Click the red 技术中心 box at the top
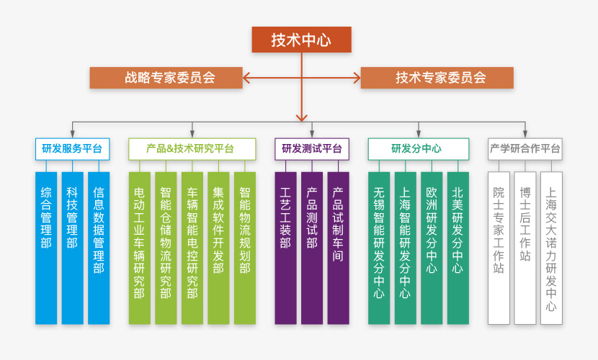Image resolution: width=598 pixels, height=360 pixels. (x=301, y=40)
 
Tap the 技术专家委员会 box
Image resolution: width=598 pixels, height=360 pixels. (x=437, y=78)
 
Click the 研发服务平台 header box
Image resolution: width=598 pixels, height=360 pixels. (x=72, y=149)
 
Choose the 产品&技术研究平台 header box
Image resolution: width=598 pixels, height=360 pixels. (x=192, y=149)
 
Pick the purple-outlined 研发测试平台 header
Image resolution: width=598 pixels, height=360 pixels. (x=311, y=149)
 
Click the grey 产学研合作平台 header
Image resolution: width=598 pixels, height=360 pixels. (x=525, y=149)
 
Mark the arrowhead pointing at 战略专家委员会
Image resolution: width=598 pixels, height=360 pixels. (x=247, y=78)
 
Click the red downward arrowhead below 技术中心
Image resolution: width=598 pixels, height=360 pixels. (x=302, y=115)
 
